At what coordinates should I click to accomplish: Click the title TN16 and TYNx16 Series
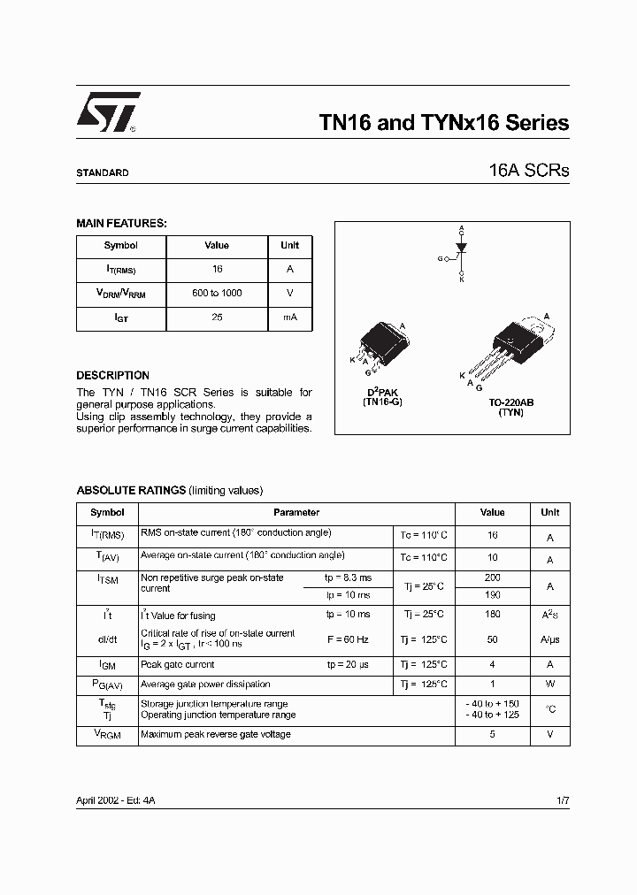click(443, 124)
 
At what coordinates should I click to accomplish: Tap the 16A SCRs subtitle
click(528, 172)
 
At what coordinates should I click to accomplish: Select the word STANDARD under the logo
click(103, 173)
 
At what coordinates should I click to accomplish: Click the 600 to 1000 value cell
click(217, 293)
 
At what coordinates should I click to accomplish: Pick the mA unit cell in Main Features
click(289, 317)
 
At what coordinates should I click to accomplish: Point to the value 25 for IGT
click(217, 317)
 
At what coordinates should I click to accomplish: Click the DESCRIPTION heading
click(112, 376)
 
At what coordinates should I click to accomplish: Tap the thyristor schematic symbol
click(460, 253)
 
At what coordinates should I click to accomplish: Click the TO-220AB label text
click(510, 402)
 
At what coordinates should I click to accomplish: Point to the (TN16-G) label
click(383, 402)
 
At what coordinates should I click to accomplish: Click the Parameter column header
click(296, 513)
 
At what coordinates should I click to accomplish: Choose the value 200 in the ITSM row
click(492, 577)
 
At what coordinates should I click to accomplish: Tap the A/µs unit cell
click(549, 639)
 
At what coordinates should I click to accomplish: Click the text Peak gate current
click(178, 664)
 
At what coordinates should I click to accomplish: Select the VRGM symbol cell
click(107, 734)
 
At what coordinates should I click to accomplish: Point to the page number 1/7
click(562, 799)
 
